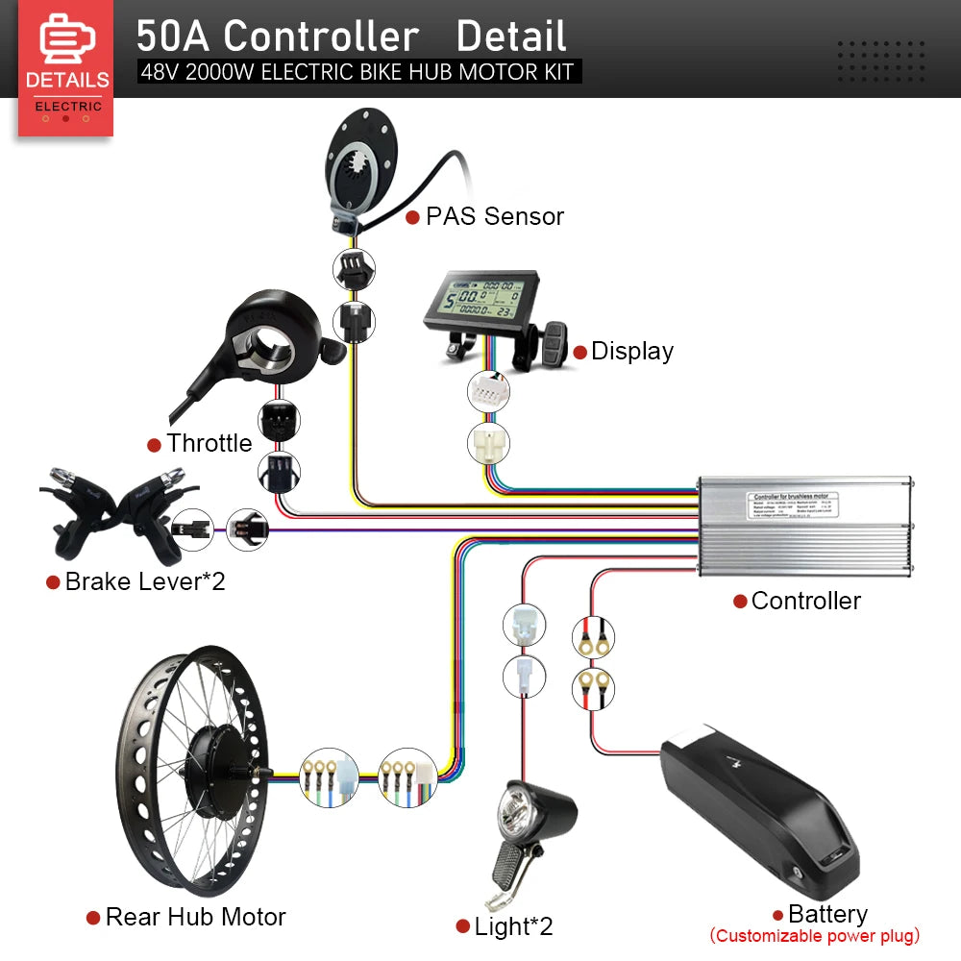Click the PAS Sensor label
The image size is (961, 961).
494,216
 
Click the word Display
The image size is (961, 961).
631,352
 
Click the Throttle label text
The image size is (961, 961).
209,444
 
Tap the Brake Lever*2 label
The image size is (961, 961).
144,581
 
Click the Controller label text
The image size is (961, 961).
805,602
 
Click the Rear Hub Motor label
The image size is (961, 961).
195,917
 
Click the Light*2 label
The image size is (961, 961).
513,926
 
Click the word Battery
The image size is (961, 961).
826,914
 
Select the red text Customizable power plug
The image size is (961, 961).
814,936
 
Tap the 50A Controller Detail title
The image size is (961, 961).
351,37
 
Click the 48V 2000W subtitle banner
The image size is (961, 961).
357,72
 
